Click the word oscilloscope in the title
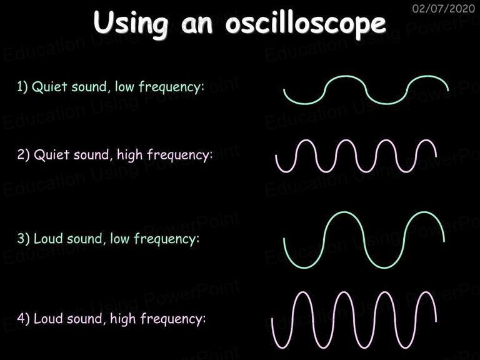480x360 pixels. point(306,23)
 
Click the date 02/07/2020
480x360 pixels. point(444,9)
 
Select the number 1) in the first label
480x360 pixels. point(22,87)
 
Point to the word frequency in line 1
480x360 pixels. point(171,87)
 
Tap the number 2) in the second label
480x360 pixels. point(23,154)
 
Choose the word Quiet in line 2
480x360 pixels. point(51,154)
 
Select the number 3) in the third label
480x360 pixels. point(23,239)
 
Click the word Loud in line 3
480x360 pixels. point(47,239)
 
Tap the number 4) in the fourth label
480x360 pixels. point(23,318)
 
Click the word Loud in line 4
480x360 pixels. point(47,318)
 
